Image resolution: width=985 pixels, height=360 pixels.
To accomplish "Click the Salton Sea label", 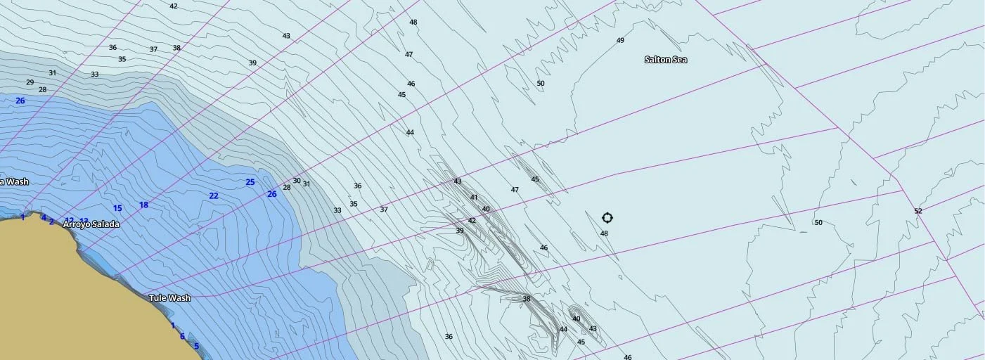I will (x=665, y=60).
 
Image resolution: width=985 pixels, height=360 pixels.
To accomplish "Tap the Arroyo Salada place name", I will (x=91, y=224).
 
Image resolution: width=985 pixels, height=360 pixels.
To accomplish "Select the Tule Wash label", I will (x=169, y=298).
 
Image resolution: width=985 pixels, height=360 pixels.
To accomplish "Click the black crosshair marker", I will (x=607, y=218).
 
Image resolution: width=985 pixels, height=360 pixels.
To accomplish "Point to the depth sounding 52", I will (x=918, y=211).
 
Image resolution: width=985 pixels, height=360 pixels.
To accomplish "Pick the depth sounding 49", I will (x=620, y=41).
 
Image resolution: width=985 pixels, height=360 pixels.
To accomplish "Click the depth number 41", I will (x=474, y=198).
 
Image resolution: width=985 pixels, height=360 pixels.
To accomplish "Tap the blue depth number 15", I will (x=117, y=208).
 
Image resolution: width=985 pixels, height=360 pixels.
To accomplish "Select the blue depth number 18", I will (x=143, y=205).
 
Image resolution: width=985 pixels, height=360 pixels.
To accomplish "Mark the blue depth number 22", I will (x=214, y=195).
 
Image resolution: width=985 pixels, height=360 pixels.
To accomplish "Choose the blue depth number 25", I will (x=250, y=182).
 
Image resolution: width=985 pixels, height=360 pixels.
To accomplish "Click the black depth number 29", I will (x=30, y=82).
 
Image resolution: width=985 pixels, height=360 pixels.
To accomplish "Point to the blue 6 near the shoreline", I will (x=182, y=336).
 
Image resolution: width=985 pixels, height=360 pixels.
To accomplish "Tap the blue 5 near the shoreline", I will (x=196, y=345).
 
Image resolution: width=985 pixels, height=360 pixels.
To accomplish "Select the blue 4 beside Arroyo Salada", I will (x=44, y=218).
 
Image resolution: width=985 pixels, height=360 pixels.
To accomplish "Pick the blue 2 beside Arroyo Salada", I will (x=51, y=222).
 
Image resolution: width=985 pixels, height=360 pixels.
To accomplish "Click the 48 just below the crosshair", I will (x=604, y=233).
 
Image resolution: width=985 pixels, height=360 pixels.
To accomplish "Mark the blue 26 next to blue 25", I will (x=271, y=194).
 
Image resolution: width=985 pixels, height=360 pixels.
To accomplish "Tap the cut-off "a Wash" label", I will (x=14, y=182).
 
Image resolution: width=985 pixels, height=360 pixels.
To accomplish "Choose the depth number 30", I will (x=297, y=181).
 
